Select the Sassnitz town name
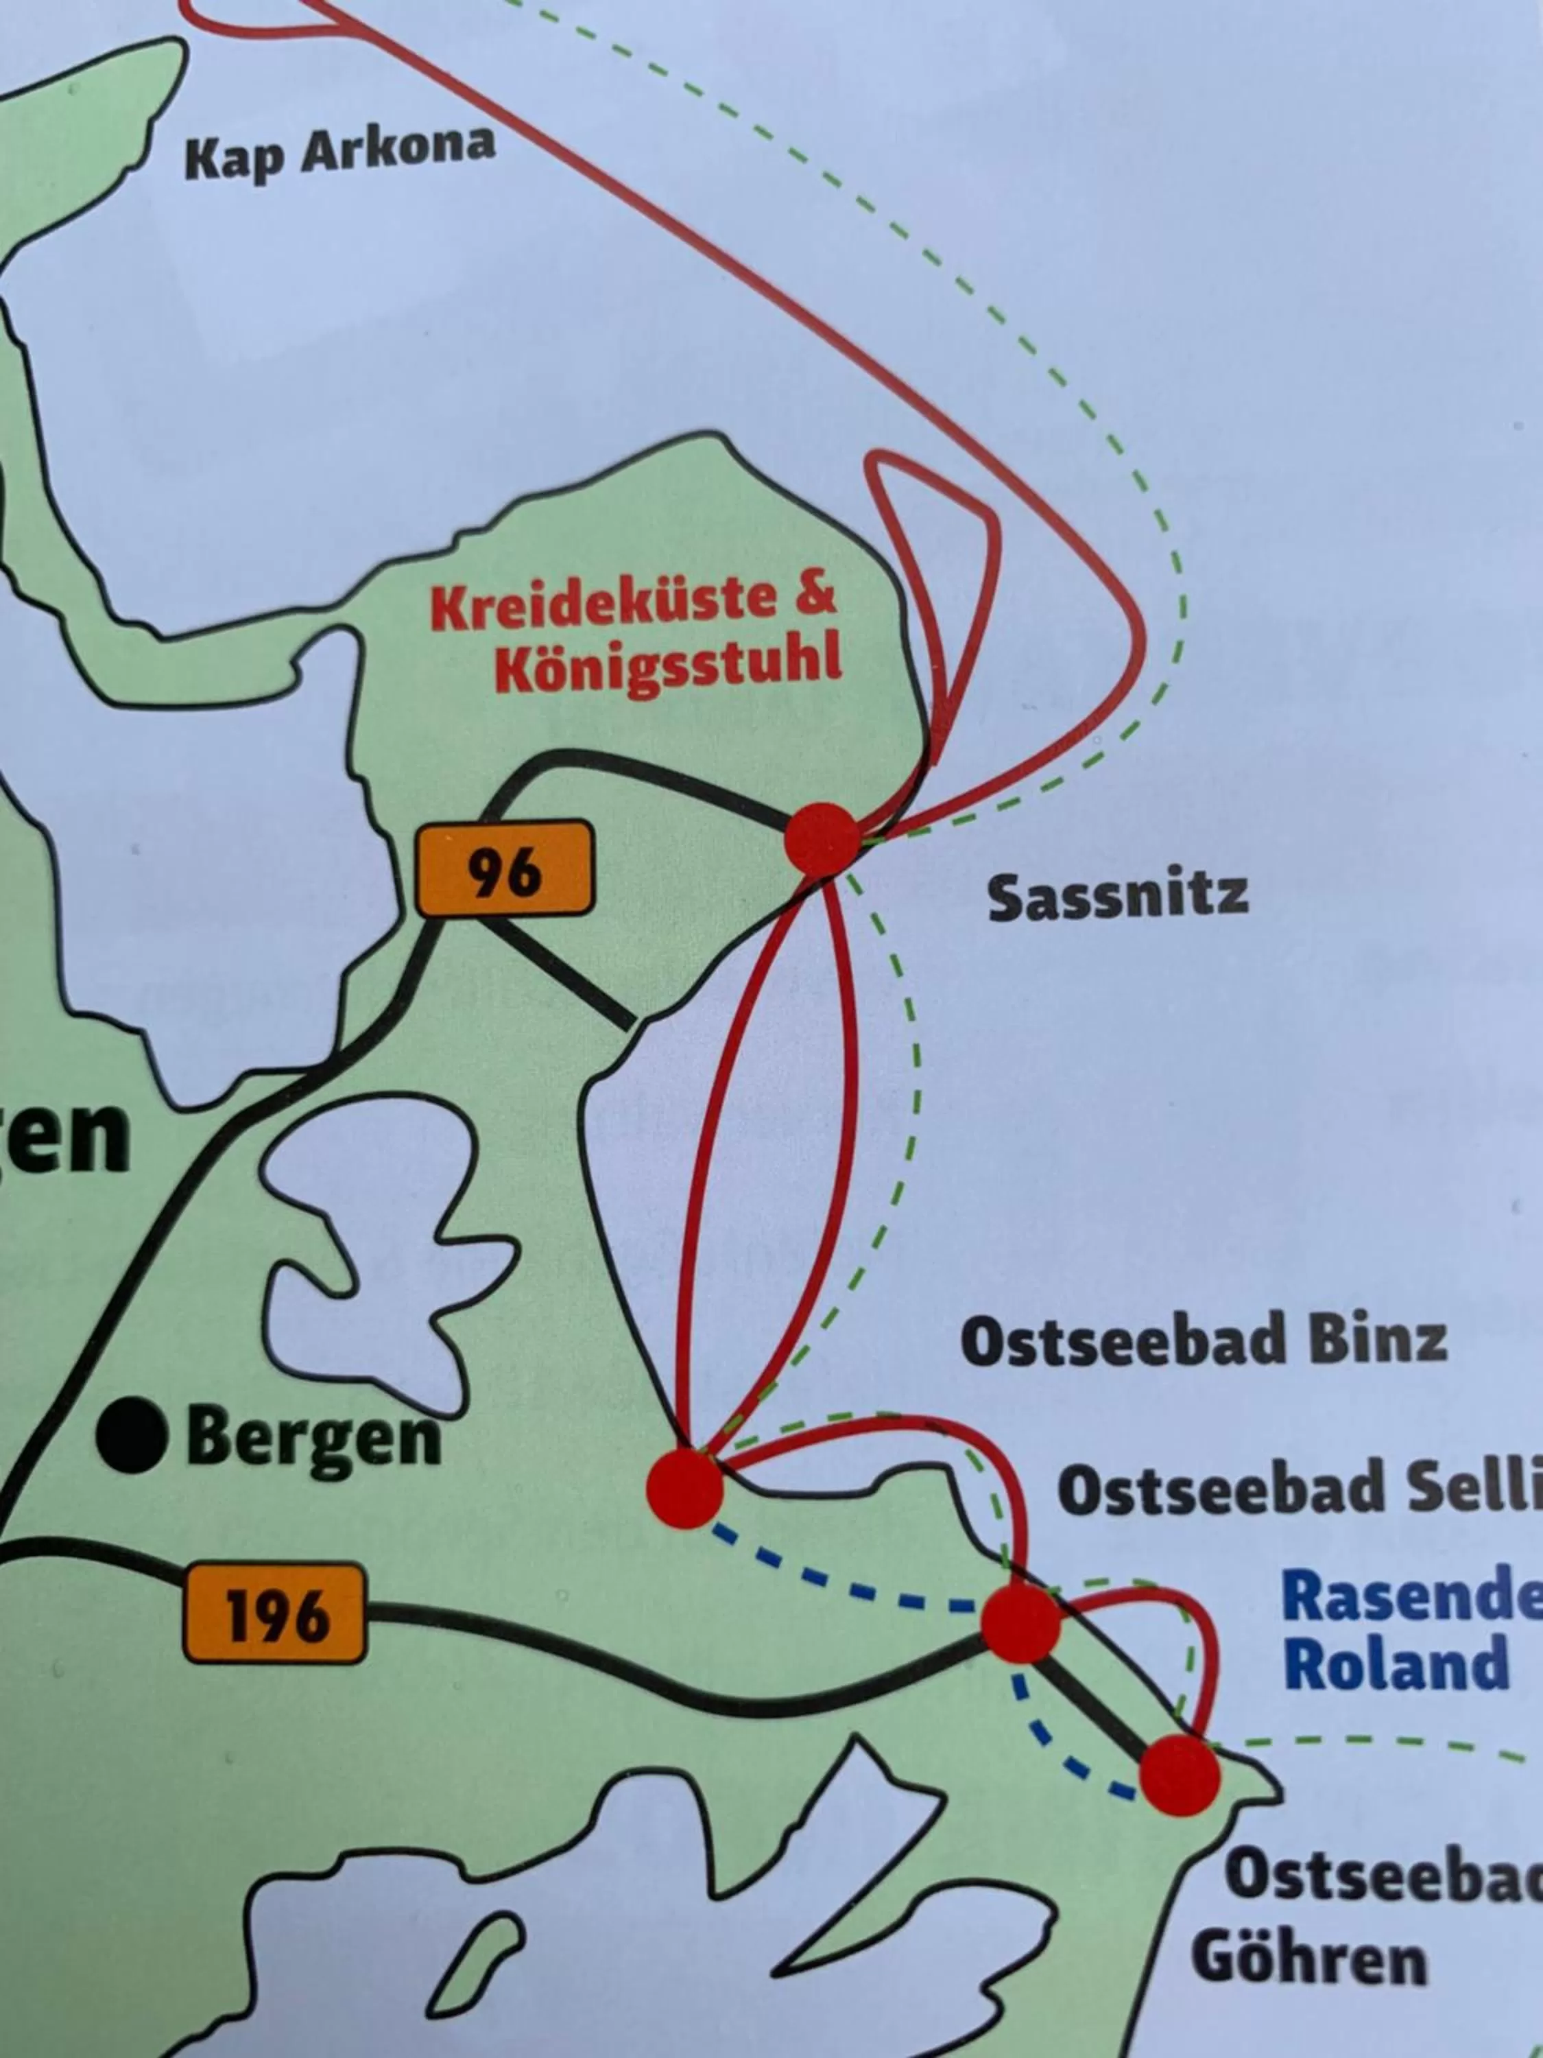[x=1117, y=898]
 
